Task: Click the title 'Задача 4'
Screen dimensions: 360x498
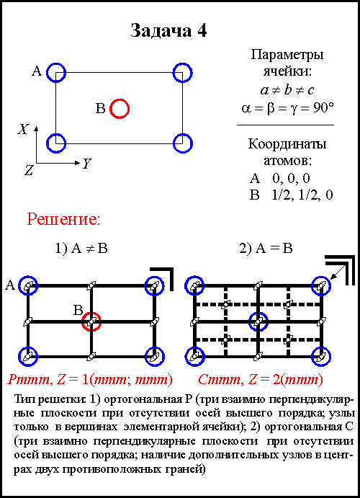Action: click(x=168, y=31)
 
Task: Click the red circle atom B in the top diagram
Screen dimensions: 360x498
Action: click(x=120, y=100)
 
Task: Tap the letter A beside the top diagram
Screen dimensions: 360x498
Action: click(x=37, y=71)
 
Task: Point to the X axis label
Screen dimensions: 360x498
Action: click(x=23, y=129)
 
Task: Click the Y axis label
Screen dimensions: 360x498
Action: click(x=86, y=164)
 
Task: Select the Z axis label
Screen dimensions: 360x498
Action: click(x=29, y=171)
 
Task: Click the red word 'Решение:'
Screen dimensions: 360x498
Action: click(x=63, y=219)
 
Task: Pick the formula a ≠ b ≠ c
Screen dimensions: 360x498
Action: click(x=287, y=90)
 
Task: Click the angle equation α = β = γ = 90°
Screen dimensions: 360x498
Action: click(x=287, y=108)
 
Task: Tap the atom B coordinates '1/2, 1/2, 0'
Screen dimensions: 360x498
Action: click(x=302, y=195)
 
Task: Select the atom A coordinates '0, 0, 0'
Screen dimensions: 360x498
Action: click(x=291, y=178)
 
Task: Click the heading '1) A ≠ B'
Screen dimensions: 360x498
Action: click(x=81, y=249)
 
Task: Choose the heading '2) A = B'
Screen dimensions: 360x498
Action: click(x=266, y=249)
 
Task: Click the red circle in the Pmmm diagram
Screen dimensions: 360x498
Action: click(x=91, y=312)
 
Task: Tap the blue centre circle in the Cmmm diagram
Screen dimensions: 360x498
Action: click(x=258, y=312)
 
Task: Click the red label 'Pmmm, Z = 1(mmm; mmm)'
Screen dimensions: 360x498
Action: click(x=90, y=380)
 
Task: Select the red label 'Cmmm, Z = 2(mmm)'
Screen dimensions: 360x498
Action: click(x=261, y=380)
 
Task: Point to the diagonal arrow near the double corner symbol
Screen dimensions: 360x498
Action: click(x=338, y=272)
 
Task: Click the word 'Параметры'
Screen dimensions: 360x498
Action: click(x=287, y=55)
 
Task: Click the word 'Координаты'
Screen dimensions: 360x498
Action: click(x=287, y=144)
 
